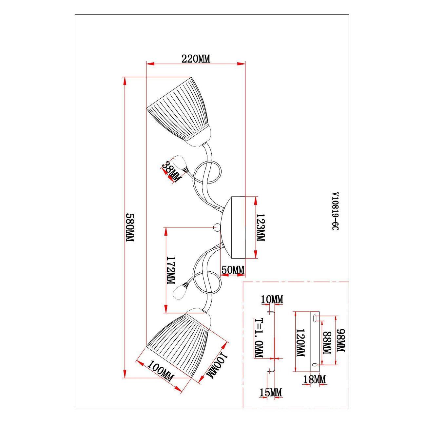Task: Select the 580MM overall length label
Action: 130,227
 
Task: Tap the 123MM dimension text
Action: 261,227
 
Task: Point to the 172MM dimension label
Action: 171,270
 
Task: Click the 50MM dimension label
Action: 233,270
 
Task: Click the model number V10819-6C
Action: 336,211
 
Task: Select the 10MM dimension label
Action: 272,300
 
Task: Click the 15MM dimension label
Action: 271,393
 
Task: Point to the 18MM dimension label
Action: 314,379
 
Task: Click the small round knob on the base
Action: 217,227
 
